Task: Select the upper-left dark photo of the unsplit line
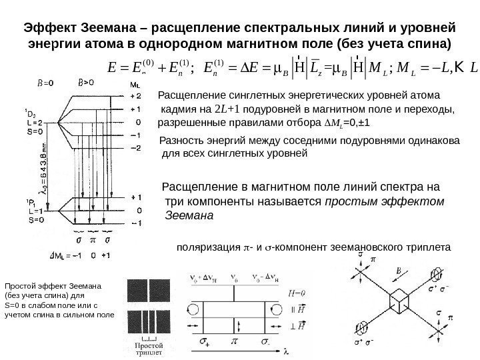(x=133, y=287)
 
